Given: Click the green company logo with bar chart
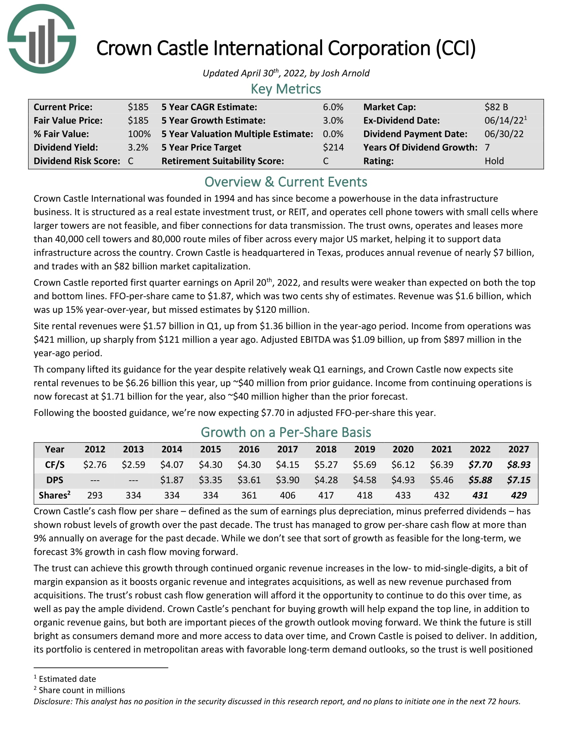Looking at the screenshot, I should (x=42, y=39).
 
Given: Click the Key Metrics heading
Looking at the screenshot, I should (x=286, y=89).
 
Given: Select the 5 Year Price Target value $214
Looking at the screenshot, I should (x=333, y=147).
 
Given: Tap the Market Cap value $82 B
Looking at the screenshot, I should (x=496, y=107).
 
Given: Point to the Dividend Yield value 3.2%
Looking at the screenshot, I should (x=138, y=147).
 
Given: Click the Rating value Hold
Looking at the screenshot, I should (x=494, y=161).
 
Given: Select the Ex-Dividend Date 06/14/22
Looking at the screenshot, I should (x=504, y=121).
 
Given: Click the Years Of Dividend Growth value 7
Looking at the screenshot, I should (x=487, y=147).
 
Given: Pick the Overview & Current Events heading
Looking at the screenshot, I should (x=286, y=182).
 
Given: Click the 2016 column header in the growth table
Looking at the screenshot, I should (x=249, y=449).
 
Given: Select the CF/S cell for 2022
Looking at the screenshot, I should (x=480, y=465).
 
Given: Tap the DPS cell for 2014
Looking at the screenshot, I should (x=172, y=480).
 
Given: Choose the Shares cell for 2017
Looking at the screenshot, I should (x=287, y=495).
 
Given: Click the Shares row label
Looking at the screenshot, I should (x=55, y=495).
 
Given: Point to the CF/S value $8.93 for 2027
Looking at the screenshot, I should (x=519, y=465).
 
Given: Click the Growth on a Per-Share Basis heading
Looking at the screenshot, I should (x=286, y=433).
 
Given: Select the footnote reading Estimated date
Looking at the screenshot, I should (x=67, y=679).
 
